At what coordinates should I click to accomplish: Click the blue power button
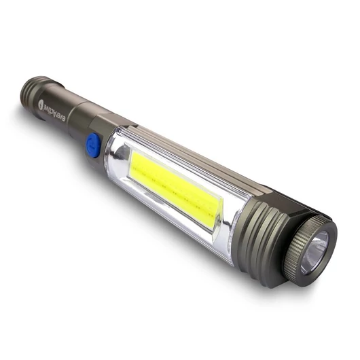pyautogui.click(x=93, y=145)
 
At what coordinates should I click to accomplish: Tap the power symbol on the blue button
pyautogui.click(x=92, y=145)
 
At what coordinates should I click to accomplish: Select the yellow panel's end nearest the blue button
pyautogui.click(x=136, y=164)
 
